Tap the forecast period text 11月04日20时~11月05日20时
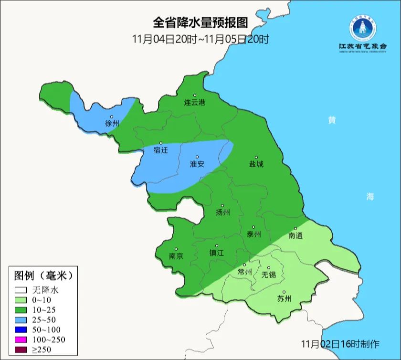[x=200, y=39]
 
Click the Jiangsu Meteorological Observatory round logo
[x=362, y=26]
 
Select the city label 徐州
[x=112, y=124]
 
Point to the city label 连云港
[x=195, y=102]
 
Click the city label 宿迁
[x=161, y=150]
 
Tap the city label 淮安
[x=197, y=164]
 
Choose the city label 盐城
[x=256, y=164]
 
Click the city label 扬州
[x=222, y=212]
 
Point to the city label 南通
[x=295, y=235]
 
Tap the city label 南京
[x=176, y=255]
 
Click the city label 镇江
[x=216, y=253]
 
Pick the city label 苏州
[x=284, y=299]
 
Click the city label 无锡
[x=269, y=275]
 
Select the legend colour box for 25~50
[x=21, y=319]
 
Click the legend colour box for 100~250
[x=21, y=339]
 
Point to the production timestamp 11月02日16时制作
[x=340, y=344]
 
